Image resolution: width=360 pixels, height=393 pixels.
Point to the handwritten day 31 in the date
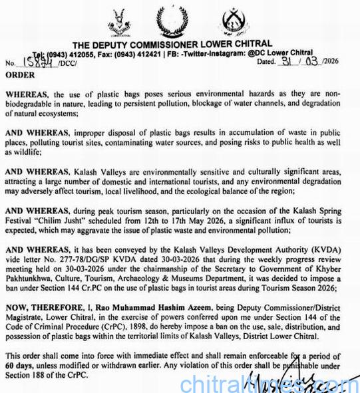(287, 61)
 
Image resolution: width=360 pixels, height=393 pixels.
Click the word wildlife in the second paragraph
(21, 152)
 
